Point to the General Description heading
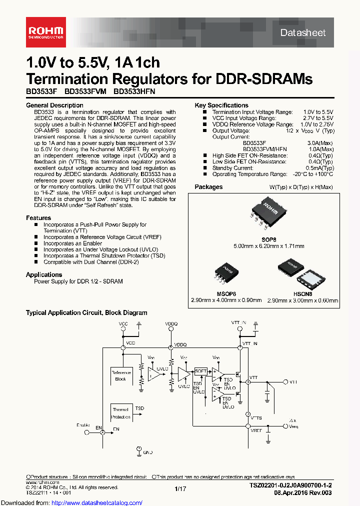(54, 105)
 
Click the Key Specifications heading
(221, 105)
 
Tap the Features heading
(38, 218)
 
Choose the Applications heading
(44, 274)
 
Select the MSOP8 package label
(226, 294)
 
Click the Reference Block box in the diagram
(120, 376)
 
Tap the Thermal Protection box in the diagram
(120, 413)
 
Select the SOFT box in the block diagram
(200, 371)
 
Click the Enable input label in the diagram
(83, 424)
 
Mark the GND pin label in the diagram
(148, 452)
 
